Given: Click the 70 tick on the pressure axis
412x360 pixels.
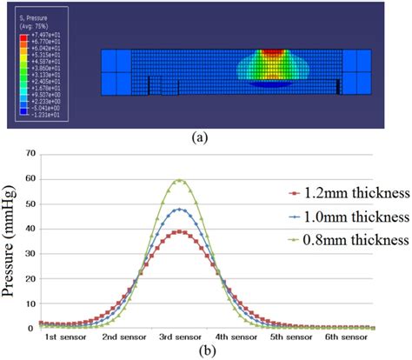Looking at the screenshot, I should [x=30, y=153].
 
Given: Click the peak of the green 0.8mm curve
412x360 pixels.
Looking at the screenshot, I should [x=179, y=180].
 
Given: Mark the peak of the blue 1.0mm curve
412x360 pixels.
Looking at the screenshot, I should [x=179, y=209].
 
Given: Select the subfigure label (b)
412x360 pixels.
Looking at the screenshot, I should [x=206, y=351].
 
